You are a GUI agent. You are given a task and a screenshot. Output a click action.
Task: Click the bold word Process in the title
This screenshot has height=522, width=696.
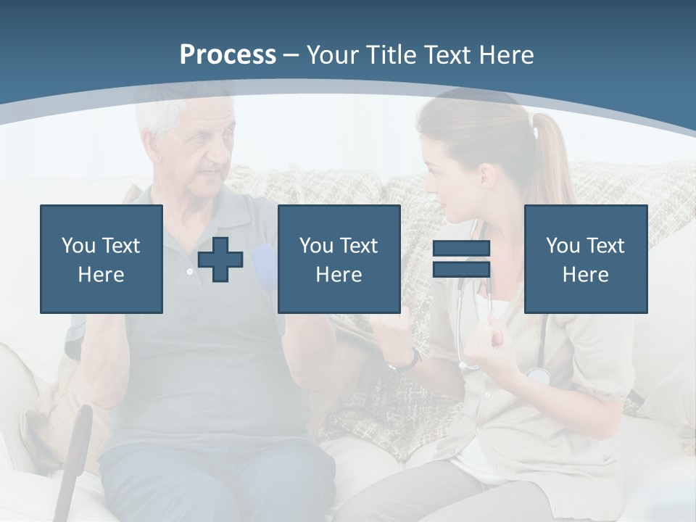[228, 55]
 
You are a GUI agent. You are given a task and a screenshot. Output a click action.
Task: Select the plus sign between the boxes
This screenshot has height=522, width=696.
[220, 260]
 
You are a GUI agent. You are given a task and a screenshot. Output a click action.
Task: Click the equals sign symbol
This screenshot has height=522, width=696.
[461, 259]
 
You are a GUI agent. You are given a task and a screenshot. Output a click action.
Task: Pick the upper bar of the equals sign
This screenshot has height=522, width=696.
[461, 249]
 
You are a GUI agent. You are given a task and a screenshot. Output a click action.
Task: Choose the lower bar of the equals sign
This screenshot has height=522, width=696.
[461, 269]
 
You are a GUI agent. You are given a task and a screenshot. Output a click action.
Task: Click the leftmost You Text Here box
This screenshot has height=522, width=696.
[101, 259]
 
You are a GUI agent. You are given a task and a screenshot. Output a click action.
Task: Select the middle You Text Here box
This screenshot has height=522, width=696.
[339, 259]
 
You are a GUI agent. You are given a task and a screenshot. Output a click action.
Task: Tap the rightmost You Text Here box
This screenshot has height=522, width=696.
[585, 259]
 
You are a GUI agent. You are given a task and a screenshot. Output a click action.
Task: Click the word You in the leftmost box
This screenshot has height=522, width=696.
[78, 246]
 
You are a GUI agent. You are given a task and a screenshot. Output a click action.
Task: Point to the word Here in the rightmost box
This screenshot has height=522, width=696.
[585, 275]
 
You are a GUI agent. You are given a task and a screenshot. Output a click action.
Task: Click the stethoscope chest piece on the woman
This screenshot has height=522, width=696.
[538, 375]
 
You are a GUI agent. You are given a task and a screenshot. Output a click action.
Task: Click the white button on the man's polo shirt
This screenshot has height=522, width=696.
[190, 271]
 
